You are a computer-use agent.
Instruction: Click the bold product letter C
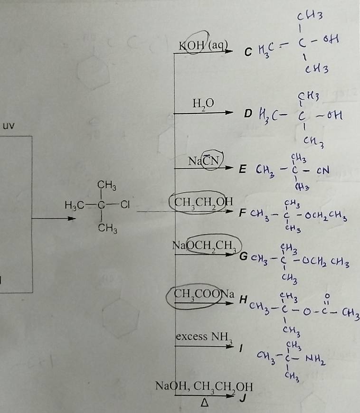248,52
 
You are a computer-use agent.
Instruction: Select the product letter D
248,113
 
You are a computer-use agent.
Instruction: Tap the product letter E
243,169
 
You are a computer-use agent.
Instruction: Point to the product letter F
243,212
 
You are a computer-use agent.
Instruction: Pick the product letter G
243,256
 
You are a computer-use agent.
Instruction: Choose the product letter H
243,300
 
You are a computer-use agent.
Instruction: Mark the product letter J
243,397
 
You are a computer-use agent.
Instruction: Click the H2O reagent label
203,103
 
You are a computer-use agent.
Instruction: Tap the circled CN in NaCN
211,160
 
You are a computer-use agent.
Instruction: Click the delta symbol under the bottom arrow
205,403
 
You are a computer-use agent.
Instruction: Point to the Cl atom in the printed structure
125,205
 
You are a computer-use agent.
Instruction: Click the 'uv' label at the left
9,126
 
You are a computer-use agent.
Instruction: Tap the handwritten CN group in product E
323,170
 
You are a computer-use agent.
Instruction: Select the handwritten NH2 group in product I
315,359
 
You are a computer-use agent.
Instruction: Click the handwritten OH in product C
331,39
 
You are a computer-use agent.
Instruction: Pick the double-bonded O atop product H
327,296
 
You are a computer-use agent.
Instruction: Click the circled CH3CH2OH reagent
203,202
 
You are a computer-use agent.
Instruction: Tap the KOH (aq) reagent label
203,46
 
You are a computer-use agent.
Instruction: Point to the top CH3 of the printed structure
107,185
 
